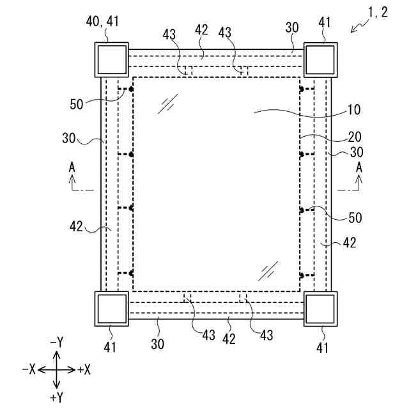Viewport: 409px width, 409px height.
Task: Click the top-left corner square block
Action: pos(112,59)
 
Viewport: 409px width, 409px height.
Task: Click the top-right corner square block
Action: pos(320,59)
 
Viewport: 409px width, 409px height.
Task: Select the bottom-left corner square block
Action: pos(112,309)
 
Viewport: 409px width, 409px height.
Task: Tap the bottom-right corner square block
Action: pos(320,309)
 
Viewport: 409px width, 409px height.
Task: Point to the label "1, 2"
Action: pos(378,13)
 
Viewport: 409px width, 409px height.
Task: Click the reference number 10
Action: pos(353,109)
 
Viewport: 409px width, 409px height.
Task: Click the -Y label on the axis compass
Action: pos(56,342)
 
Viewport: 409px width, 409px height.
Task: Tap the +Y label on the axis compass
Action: pos(56,397)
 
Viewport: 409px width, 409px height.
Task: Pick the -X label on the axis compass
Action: pos(28,370)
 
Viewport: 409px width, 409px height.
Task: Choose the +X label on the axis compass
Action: pos(84,370)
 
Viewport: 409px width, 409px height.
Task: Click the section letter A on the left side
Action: pos(72,166)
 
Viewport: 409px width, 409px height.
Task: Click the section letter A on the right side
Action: pos(359,166)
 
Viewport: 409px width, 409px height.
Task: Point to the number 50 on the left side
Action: pos(77,103)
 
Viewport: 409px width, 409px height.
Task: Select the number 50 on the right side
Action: pos(355,217)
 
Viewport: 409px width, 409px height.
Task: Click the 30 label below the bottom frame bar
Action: pos(157,343)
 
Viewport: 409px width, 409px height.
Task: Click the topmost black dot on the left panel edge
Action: pos(131,89)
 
